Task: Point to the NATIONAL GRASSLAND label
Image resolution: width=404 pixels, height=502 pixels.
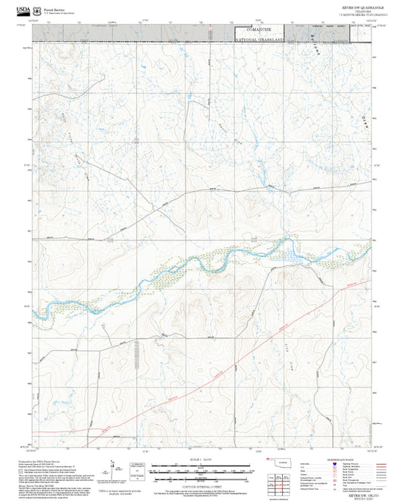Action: tap(262, 39)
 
